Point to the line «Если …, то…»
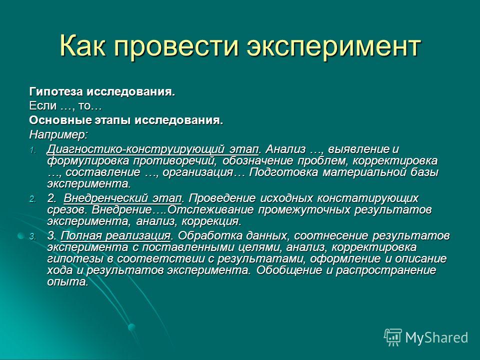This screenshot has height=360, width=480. pyautogui.click(x=65, y=106)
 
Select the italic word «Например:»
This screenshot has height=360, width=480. pyautogui.click(x=58, y=134)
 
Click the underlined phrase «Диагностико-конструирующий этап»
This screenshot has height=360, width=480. pyautogui.click(x=152, y=149)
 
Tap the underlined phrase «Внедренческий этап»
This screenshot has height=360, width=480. pyautogui.click(x=123, y=198)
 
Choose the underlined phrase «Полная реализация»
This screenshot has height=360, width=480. pyautogui.click(x=115, y=236)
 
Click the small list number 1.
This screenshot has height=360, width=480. pyautogui.click(x=33, y=150)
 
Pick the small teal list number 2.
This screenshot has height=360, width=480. pyautogui.click(x=33, y=199)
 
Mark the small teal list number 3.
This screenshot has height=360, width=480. pyautogui.click(x=33, y=237)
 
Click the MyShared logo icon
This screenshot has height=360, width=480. pyautogui.click(x=393, y=337)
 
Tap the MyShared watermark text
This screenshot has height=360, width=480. pyautogui.click(x=436, y=338)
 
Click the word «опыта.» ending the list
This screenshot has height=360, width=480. pyautogui.click(x=67, y=282)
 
